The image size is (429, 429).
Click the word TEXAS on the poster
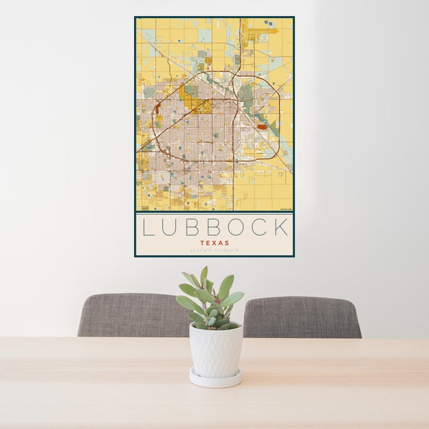(214, 243)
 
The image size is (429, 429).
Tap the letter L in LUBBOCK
(148, 227)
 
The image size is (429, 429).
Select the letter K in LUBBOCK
(281, 227)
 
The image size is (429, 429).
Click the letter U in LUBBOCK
(169, 227)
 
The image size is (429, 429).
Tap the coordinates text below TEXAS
(214, 250)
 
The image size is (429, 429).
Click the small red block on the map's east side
(262, 127)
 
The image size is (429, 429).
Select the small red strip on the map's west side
(158, 109)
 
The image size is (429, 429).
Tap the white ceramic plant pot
(215, 350)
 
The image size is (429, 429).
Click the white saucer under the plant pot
(215, 380)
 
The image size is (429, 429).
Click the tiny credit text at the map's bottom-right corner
(285, 209)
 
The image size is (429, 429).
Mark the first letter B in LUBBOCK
(191, 227)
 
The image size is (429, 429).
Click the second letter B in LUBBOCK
(213, 227)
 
